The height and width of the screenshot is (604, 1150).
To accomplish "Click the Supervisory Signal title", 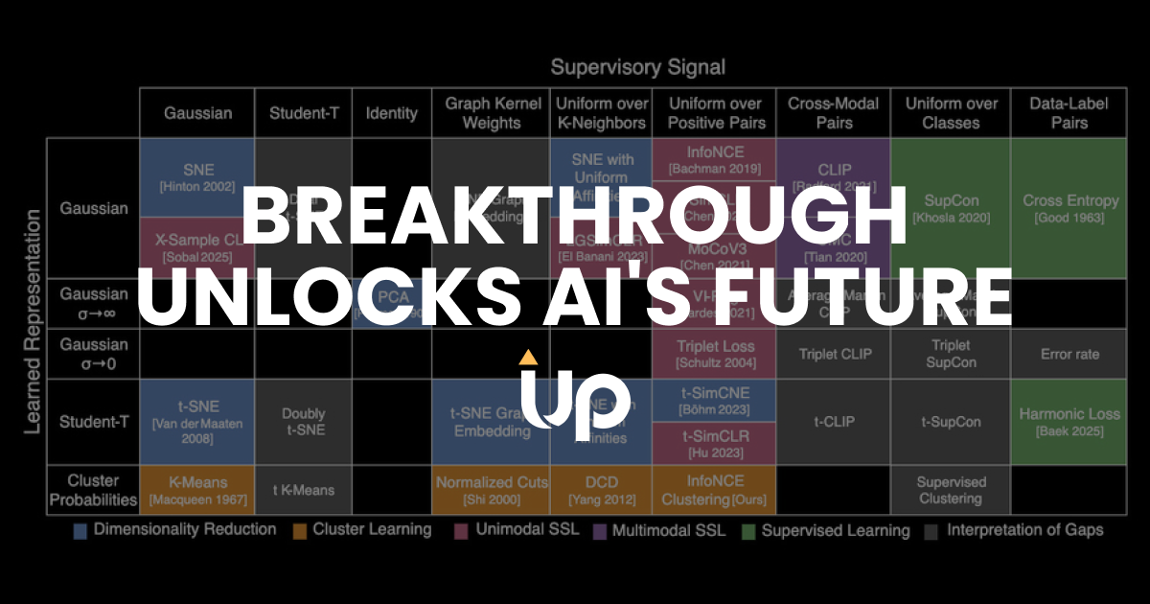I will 637,67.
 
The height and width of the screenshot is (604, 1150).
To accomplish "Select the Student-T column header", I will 303,113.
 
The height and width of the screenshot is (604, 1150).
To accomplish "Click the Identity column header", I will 391,113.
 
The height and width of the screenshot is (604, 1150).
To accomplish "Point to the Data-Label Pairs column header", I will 1069,113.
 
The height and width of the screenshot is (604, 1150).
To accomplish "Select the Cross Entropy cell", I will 1069,208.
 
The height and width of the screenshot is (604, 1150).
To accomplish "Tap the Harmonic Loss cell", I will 1069,422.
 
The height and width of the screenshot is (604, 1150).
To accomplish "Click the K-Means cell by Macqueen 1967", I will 196,490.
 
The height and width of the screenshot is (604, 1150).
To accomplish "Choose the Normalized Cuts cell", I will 492,490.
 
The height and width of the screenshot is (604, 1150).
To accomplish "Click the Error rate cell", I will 1069,354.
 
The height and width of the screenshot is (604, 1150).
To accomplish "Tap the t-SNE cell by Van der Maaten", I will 196,422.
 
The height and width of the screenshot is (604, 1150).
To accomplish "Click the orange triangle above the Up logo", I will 526,359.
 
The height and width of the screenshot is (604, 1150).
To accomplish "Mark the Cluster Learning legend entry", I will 363,530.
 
